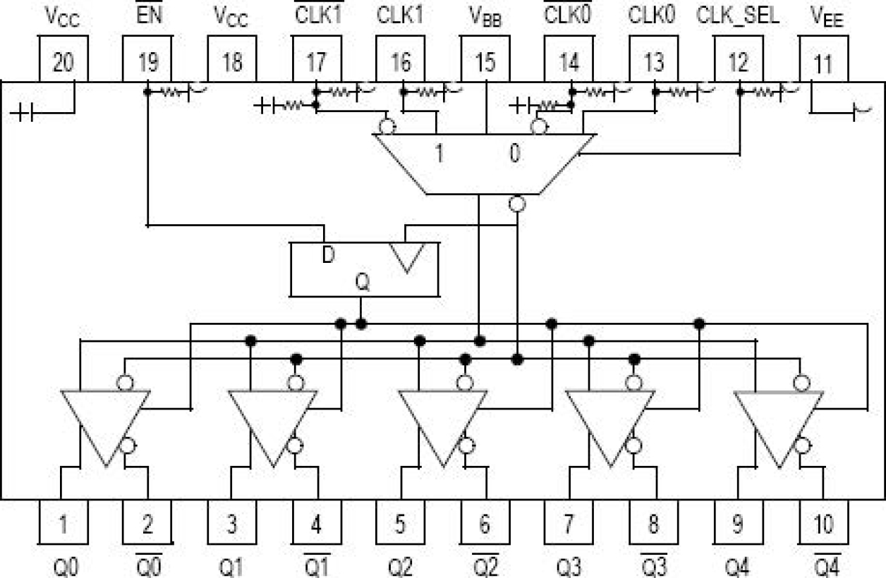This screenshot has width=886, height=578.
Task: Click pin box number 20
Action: tap(63, 62)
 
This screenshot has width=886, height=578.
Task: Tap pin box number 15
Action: tap(485, 62)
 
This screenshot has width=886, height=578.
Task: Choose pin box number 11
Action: tap(823, 62)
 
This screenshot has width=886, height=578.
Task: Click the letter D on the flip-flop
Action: tap(327, 254)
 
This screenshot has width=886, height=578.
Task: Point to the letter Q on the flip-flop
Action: tap(361, 283)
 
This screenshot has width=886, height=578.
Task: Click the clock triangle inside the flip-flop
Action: tap(407, 257)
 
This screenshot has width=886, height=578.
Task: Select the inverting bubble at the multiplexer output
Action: tap(517, 204)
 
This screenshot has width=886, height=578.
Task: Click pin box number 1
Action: tap(63, 523)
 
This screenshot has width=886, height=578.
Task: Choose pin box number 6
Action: tap(485, 523)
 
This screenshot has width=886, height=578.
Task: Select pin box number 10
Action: tap(823, 523)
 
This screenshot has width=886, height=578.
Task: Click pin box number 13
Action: tap(654, 62)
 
